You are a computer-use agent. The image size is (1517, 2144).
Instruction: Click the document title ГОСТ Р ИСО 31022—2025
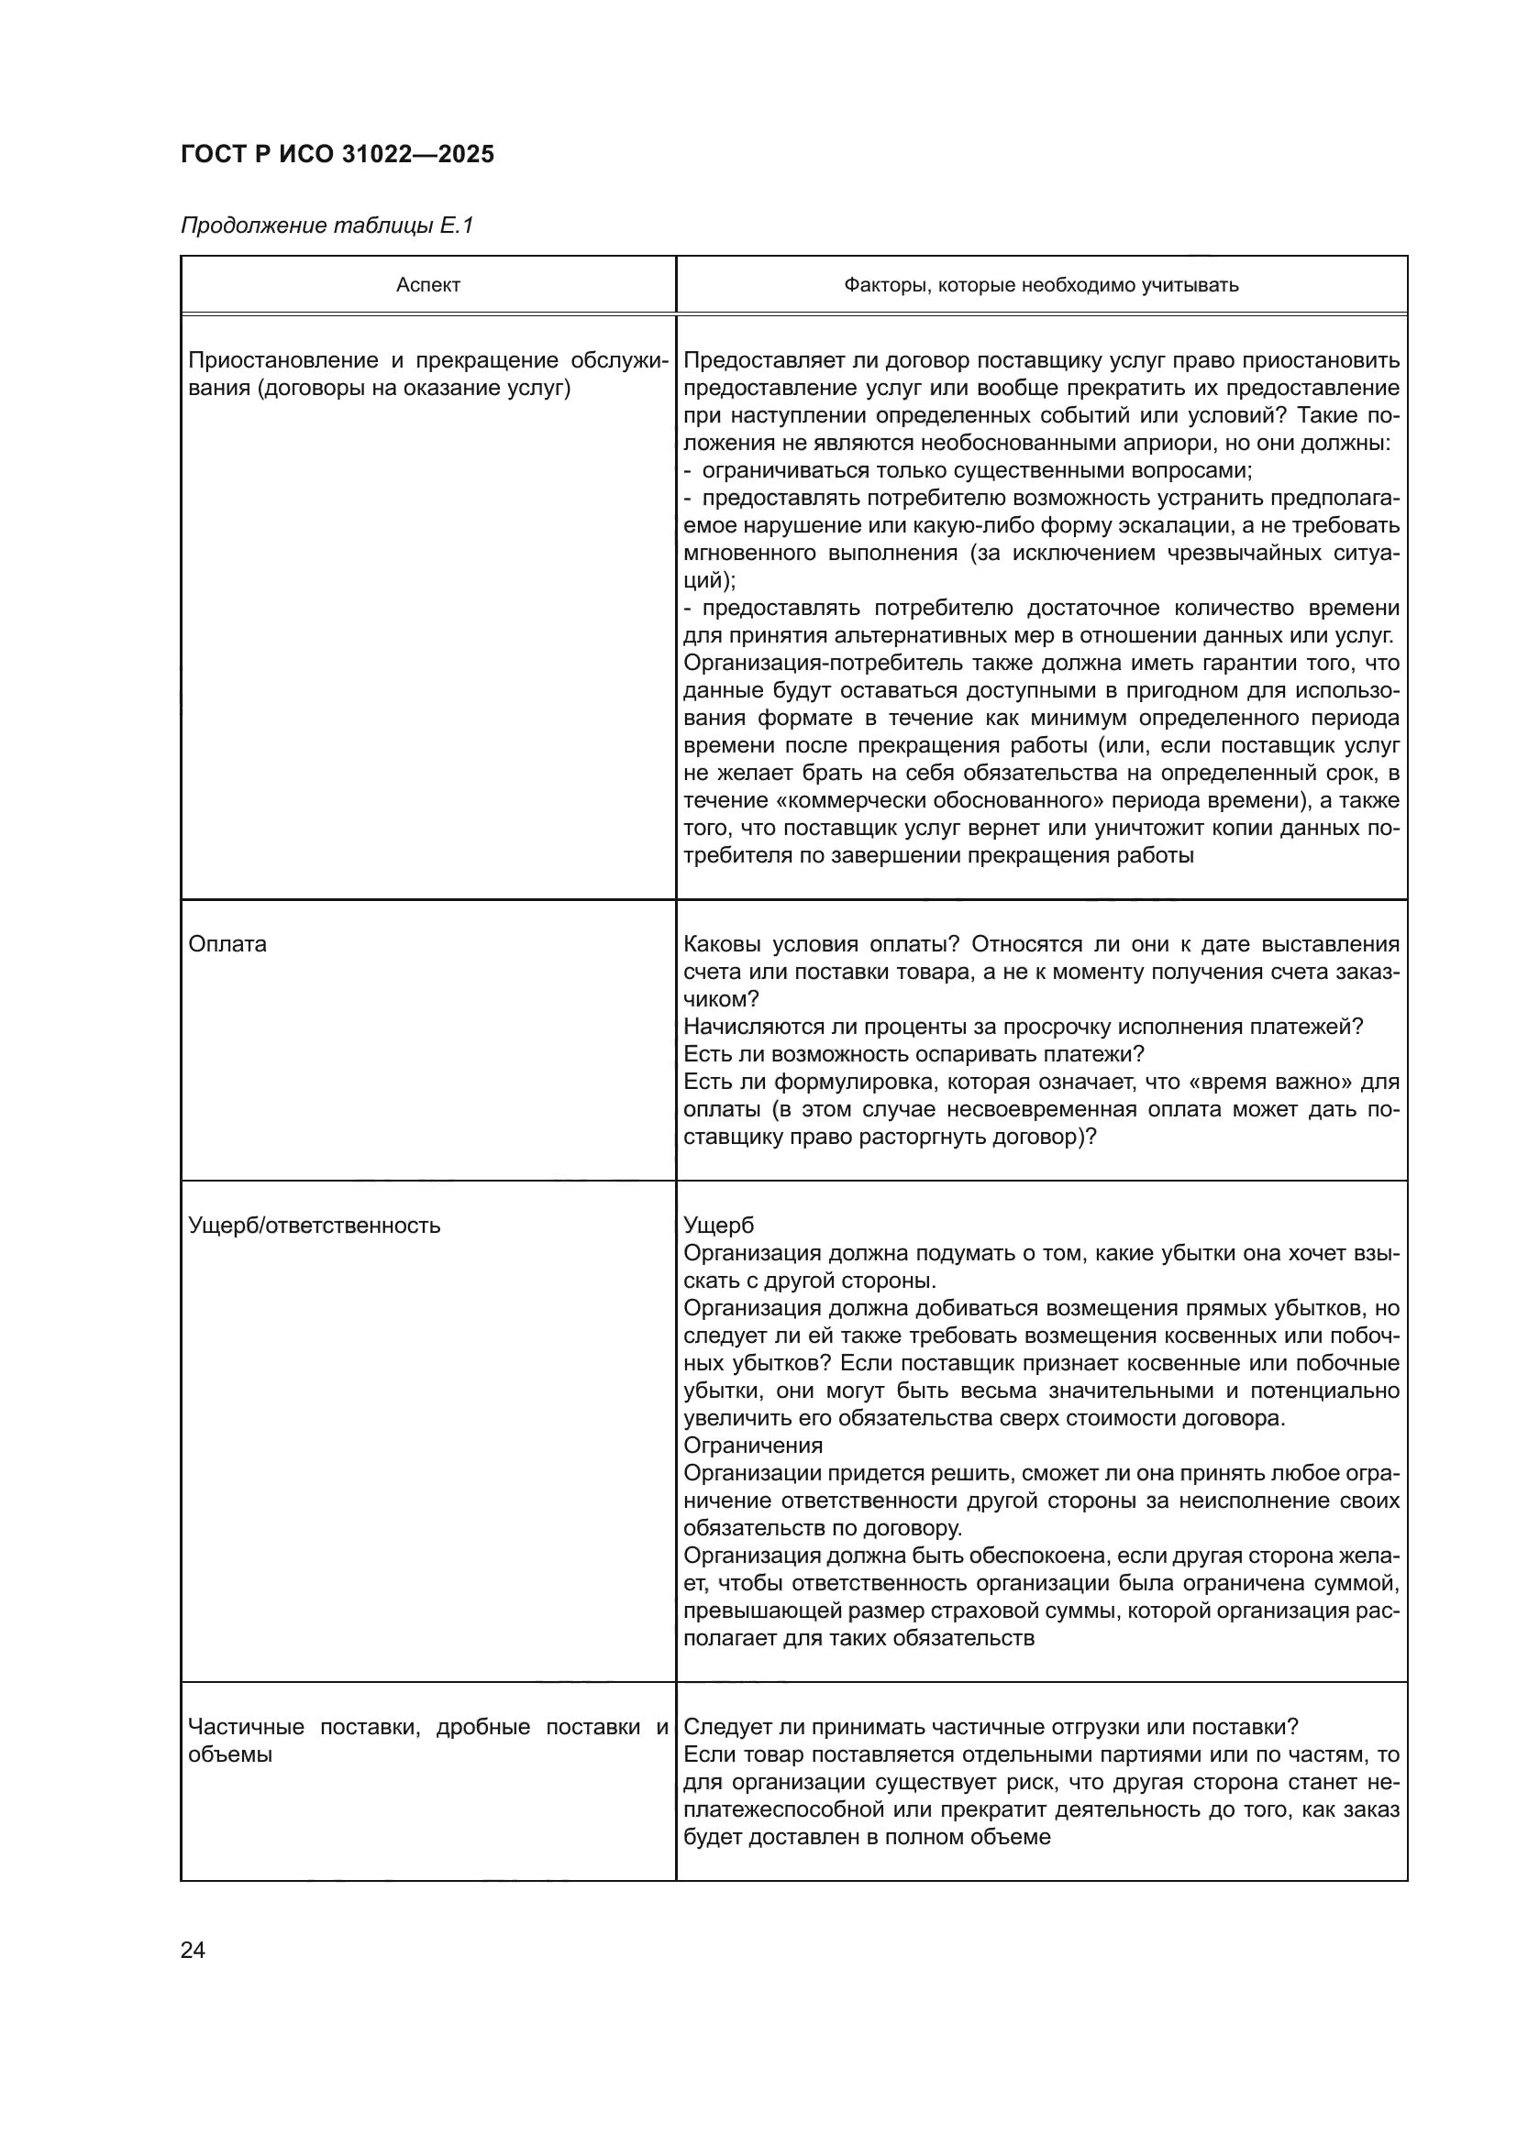pyautogui.click(x=338, y=155)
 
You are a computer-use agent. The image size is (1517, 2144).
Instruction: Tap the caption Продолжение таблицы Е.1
pyautogui.click(x=327, y=226)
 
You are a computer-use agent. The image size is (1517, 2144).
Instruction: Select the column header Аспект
pyautogui.click(x=427, y=286)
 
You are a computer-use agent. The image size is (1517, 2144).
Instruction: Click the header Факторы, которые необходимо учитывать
pyautogui.click(x=1041, y=286)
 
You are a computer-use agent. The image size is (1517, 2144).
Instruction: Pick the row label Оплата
pyautogui.click(x=227, y=944)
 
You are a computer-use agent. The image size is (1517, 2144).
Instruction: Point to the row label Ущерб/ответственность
pyautogui.click(x=314, y=1226)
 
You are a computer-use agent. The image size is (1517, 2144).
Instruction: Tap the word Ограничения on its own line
pyautogui.click(x=753, y=1446)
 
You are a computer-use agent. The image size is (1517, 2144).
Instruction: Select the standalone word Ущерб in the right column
pyautogui.click(x=718, y=1226)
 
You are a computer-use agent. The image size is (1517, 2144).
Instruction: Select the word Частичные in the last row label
pyautogui.click(x=246, y=1728)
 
